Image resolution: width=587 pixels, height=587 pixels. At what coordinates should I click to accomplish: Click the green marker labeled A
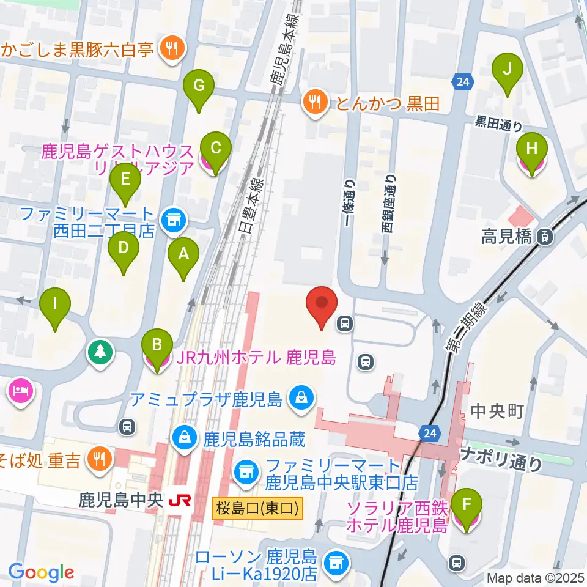pos(183,255)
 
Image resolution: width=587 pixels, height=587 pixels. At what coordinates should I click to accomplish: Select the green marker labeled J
pos(508,70)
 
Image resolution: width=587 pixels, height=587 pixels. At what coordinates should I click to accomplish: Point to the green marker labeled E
pos(125,180)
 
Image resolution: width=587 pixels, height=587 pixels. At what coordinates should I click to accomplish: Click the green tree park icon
pos(100,353)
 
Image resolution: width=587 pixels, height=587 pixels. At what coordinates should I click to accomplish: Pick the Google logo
pos(41,573)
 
